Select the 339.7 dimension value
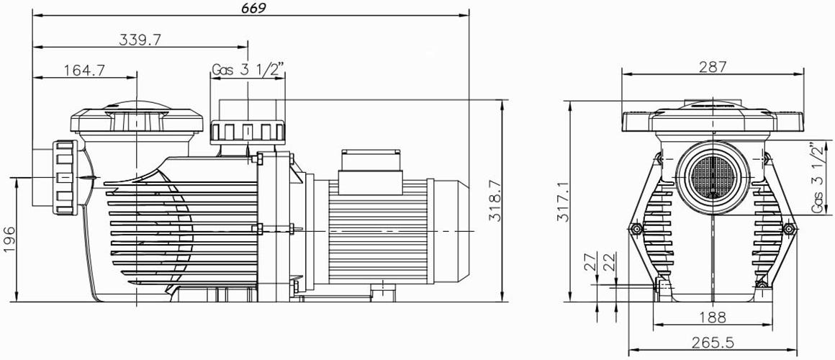(x=140, y=40)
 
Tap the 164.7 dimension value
(x=85, y=70)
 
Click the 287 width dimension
(x=712, y=67)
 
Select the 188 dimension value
(x=712, y=316)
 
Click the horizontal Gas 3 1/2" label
(x=248, y=70)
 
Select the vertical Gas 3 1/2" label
(x=818, y=177)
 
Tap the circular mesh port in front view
(x=710, y=175)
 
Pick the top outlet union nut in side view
(x=248, y=132)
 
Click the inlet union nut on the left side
(x=63, y=176)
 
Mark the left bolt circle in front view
(x=634, y=230)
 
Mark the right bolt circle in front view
(x=790, y=230)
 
